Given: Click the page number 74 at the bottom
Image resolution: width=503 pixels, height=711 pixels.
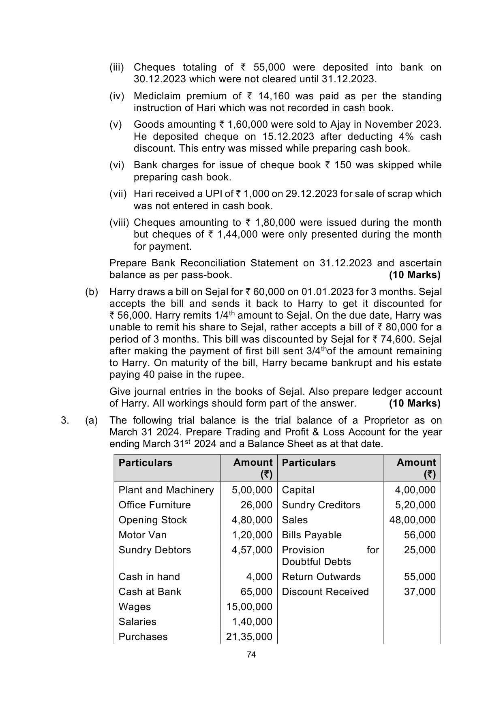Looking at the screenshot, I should coord(251,655).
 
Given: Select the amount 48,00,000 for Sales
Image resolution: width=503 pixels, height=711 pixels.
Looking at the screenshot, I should coord(412,520).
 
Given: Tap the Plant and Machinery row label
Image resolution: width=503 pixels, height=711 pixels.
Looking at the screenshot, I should coord(166,490).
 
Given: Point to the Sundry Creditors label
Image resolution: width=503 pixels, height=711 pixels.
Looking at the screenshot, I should coord(321,505).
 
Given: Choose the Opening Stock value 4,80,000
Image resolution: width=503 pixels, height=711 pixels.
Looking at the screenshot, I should coord(252,520).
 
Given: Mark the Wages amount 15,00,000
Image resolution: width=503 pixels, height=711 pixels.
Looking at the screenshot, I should coord(249,607).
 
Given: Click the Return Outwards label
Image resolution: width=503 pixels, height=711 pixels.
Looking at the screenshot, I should coord(321,577).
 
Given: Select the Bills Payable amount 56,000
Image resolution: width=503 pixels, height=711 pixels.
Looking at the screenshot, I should coord(420,535).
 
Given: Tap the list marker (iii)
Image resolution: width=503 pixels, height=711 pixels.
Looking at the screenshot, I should coord(117,67).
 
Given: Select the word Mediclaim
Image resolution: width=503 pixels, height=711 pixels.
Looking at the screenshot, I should coord(157,96).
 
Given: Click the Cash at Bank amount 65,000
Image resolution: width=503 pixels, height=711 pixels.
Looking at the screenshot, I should coord(256,592).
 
